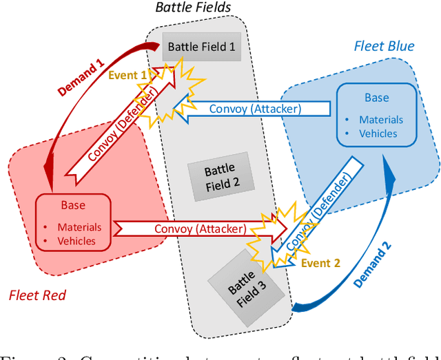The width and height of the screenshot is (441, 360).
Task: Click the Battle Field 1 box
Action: point(202,47)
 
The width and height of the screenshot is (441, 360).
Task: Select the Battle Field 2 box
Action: point(220,176)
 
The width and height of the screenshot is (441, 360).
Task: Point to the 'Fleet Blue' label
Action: point(384,47)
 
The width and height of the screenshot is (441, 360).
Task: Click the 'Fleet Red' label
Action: point(37,295)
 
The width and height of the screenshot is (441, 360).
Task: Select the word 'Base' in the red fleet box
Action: point(73,205)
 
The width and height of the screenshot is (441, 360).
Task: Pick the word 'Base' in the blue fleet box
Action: point(376,98)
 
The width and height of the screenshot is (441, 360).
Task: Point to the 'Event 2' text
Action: point(320,263)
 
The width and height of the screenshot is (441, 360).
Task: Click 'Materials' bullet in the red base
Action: point(79,227)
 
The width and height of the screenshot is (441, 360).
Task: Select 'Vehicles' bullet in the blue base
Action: point(378,133)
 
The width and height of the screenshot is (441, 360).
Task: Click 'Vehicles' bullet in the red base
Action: point(76,241)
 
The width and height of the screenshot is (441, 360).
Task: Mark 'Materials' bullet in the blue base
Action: point(380,119)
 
